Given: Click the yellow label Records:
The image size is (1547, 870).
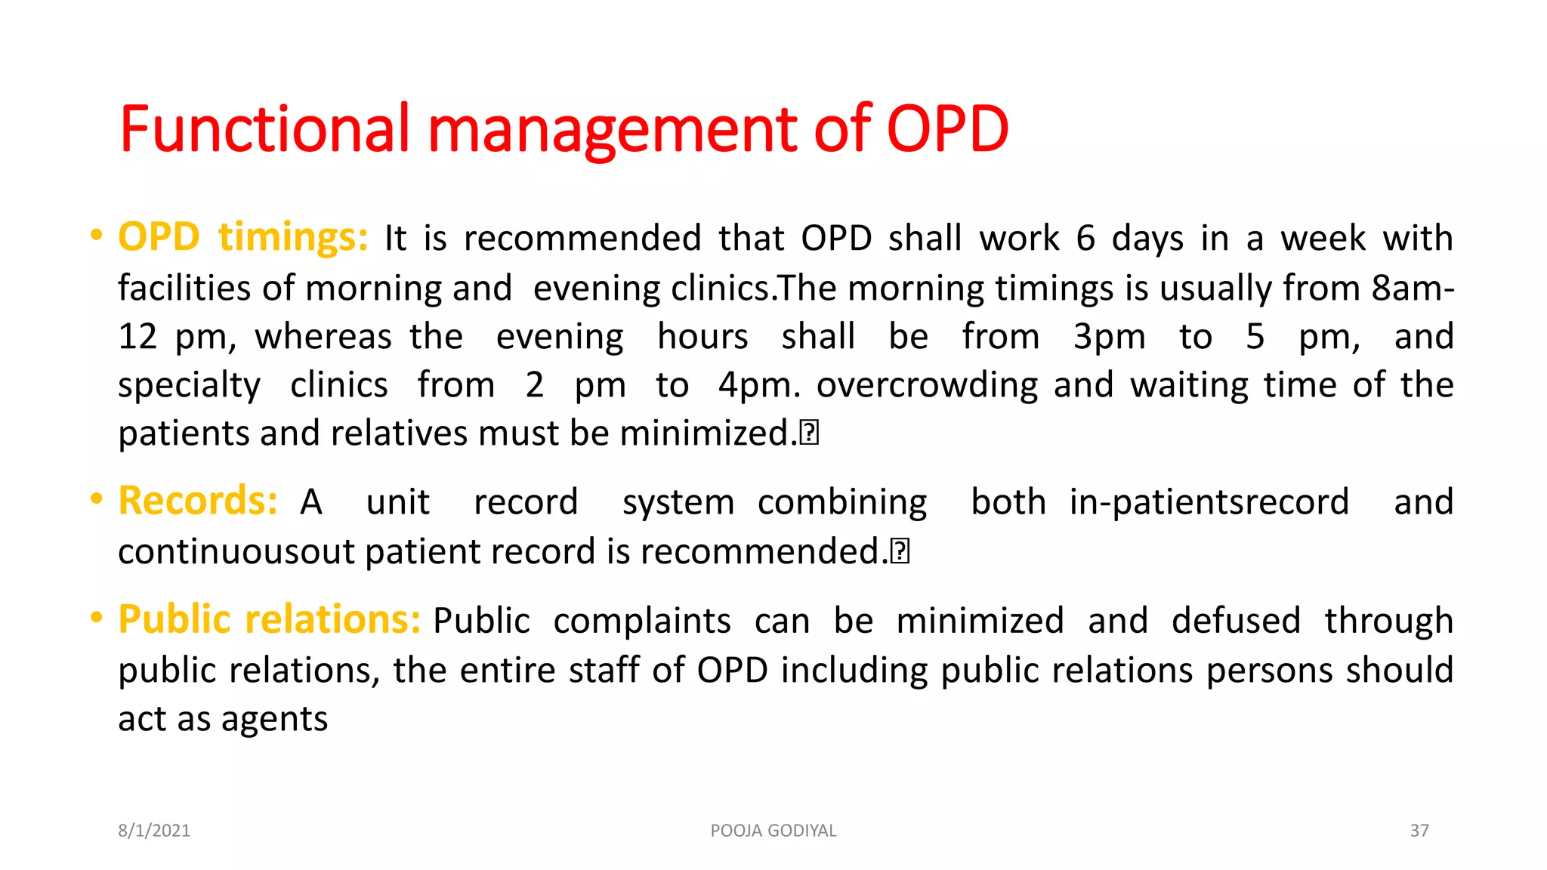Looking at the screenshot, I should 198,501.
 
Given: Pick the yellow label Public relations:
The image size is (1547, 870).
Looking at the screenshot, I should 269,620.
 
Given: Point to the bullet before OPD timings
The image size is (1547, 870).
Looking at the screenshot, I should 96,235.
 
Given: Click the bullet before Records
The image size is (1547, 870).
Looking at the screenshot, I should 96,498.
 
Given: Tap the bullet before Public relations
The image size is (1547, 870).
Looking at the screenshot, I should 96,618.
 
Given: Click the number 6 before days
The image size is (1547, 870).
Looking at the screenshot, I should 1085,239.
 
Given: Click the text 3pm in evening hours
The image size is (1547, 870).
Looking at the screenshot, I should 1109,337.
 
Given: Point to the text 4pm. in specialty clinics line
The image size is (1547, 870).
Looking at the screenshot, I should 758,385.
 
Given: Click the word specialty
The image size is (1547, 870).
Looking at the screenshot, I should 189,386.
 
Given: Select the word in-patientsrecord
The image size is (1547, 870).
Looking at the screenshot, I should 1209,502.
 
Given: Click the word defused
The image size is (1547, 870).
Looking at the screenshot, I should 1236,621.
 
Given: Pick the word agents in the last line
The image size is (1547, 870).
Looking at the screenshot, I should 274,719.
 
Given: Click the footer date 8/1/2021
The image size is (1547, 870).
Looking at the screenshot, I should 154,831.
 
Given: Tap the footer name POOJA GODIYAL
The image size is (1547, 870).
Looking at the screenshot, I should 773,831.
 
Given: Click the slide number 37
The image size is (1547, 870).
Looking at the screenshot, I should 1419,831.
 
